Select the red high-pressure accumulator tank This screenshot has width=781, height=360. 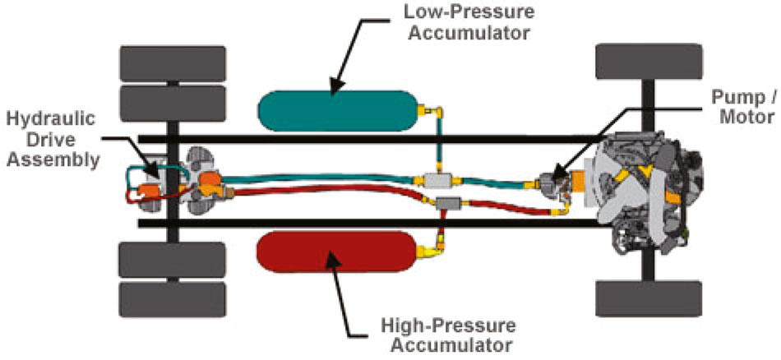(x=337, y=251)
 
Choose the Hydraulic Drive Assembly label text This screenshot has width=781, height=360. (x=50, y=130)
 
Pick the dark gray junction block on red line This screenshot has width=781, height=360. (x=448, y=203)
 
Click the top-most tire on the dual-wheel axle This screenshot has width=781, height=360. (x=173, y=63)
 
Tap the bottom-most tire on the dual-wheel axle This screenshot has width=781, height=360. (x=173, y=300)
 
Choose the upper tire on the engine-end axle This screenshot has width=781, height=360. (x=649, y=62)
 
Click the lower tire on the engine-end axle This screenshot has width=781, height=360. (x=649, y=298)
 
